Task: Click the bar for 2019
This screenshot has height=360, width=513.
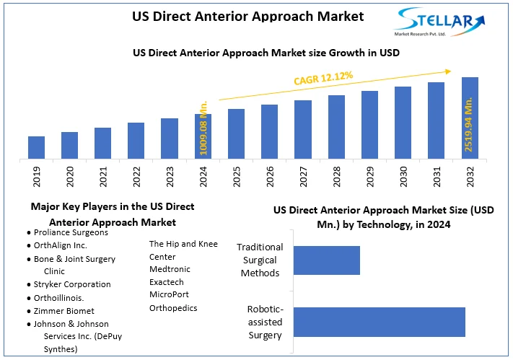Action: (37, 147)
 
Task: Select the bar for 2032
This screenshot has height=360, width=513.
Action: (470, 118)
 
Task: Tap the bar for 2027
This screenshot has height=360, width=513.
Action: (303, 129)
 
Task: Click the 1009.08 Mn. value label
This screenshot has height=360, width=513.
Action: (203, 126)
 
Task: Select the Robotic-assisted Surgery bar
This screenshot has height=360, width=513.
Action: (379, 322)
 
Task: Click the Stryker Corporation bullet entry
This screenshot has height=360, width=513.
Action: (72, 284)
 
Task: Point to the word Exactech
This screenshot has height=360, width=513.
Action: (167, 282)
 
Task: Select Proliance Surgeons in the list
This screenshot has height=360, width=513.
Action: (71, 232)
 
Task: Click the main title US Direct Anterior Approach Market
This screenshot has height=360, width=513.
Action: (247, 16)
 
